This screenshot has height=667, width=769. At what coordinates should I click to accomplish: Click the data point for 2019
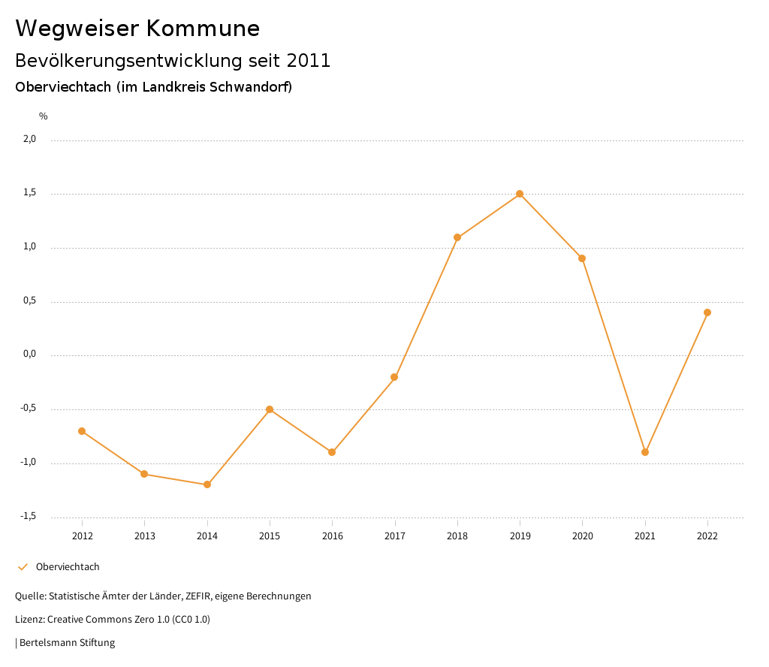(520, 194)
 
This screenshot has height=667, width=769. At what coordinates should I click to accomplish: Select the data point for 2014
(207, 484)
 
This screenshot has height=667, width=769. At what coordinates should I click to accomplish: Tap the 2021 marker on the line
(645, 452)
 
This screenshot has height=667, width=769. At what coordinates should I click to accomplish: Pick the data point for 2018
(457, 237)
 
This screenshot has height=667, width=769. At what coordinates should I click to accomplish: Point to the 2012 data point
(82, 431)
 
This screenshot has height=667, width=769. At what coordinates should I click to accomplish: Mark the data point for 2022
(707, 312)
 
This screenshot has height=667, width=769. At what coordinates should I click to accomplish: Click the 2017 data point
(394, 377)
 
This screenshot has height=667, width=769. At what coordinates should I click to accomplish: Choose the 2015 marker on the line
(270, 409)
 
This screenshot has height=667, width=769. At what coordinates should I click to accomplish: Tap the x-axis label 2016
(332, 536)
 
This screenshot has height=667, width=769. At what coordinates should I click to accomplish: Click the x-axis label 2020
(582, 536)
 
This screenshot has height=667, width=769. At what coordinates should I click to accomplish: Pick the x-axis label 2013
(145, 536)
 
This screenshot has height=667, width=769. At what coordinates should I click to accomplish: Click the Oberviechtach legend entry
(68, 567)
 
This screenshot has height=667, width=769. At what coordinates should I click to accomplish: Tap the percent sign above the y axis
(44, 116)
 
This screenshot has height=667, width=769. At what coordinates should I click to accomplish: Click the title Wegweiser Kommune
(137, 29)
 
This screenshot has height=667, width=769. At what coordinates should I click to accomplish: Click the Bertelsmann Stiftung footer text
(67, 643)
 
